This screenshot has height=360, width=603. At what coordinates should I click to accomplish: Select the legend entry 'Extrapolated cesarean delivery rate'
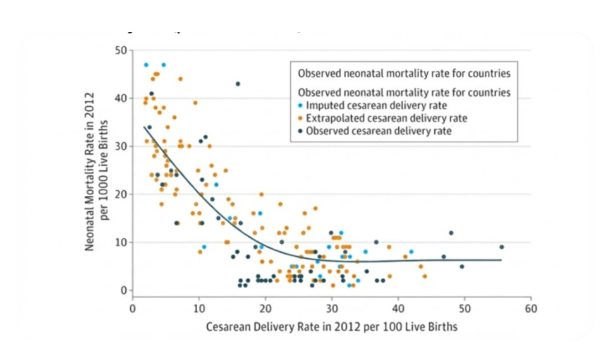382,118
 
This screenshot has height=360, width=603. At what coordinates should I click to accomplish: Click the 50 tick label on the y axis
121,50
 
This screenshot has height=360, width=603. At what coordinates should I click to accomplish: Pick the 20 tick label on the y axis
121,194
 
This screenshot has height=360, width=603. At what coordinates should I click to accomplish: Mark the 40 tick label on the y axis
121,98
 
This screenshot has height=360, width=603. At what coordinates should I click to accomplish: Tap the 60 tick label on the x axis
531,309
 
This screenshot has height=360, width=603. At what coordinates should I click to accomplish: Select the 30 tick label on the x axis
331,309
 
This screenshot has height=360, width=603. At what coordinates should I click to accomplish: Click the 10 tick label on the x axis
198,309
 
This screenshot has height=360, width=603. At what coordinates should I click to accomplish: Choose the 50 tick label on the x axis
465,309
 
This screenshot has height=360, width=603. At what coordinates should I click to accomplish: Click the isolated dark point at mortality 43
238,84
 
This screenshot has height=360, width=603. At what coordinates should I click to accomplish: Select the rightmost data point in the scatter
501,247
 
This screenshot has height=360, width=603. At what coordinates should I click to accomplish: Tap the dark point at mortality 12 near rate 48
451,233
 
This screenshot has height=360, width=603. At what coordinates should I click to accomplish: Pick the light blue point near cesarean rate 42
411,251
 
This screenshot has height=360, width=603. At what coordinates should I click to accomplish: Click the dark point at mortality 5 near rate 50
462,267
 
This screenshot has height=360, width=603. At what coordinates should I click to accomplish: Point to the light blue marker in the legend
300,105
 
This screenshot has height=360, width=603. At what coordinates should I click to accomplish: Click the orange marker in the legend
300,118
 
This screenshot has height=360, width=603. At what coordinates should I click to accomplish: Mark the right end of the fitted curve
501,260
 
